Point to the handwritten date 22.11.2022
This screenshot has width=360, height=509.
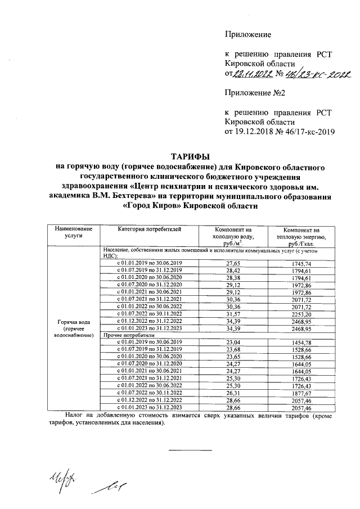coord(253,74)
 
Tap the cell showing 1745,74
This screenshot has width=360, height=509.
coord(302,263)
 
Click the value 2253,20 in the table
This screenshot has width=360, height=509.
coord(302,313)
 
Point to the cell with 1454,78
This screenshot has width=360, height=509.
coord(302,342)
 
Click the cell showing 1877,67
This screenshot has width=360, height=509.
coord(302,392)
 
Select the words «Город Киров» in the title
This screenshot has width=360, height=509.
coord(148,206)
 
